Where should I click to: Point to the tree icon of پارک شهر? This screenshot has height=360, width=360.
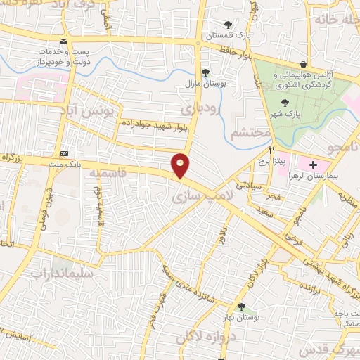(284, 103)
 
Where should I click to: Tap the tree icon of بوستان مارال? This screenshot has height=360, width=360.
(205, 72)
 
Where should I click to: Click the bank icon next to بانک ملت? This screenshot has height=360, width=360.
(65, 153)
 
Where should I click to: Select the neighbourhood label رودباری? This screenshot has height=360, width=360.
(201, 109)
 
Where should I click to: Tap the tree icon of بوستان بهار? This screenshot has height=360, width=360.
(241, 307)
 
